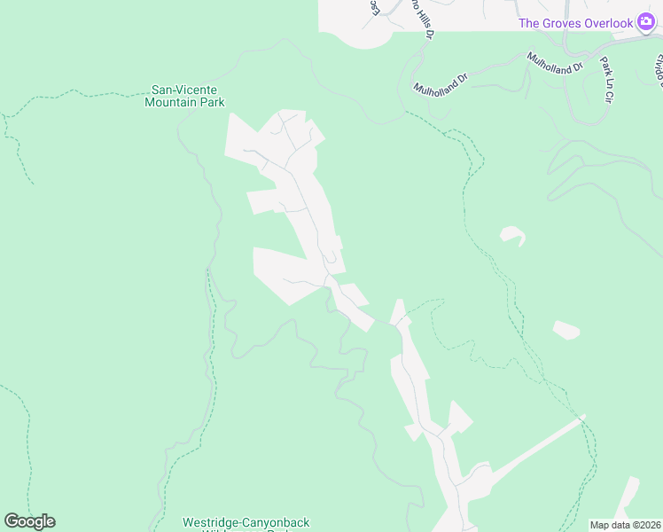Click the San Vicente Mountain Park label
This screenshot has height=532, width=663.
pyautogui.click(x=184, y=96)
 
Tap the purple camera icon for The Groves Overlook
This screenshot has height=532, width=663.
pyautogui.click(x=645, y=23)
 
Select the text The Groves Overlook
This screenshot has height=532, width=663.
pyautogui.click(x=575, y=23)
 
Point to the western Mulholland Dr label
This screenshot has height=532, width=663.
pyautogui.click(x=440, y=80)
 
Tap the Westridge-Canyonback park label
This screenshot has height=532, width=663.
pyautogui.click(x=246, y=523)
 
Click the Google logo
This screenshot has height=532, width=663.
pyautogui.click(x=29, y=521)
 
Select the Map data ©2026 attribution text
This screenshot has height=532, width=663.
pyautogui.click(x=626, y=525)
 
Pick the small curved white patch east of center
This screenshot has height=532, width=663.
pyautogui.click(x=512, y=236)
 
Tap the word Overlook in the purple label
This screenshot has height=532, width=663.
pyautogui.click(x=610, y=23)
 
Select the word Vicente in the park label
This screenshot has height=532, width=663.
pyautogui.click(x=196, y=90)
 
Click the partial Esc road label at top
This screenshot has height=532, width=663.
pyautogui.click(x=375, y=7)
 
